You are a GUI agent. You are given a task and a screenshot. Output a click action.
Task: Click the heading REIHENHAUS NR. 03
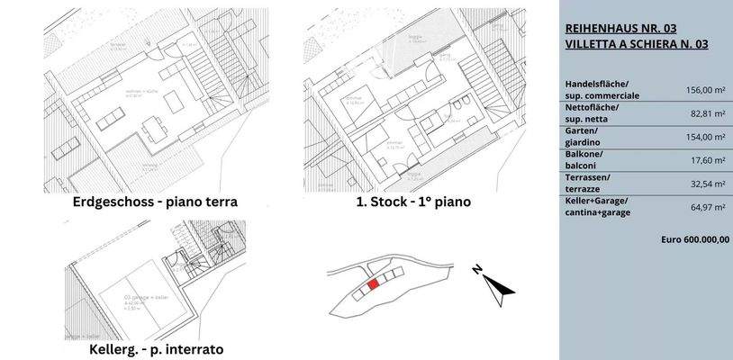(622, 28)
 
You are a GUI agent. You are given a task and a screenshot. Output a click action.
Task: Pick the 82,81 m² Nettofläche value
(707, 112)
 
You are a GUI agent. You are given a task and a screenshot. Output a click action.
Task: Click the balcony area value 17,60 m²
(707, 159)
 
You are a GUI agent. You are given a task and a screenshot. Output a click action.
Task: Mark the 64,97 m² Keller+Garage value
(707, 207)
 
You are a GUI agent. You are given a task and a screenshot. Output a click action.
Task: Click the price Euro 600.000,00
(694, 240)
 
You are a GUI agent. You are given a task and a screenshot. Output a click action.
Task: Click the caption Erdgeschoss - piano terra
(155, 202)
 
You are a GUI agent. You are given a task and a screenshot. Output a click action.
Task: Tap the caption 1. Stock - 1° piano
(413, 202)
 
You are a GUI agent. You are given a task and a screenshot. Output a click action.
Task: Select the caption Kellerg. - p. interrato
(156, 348)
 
